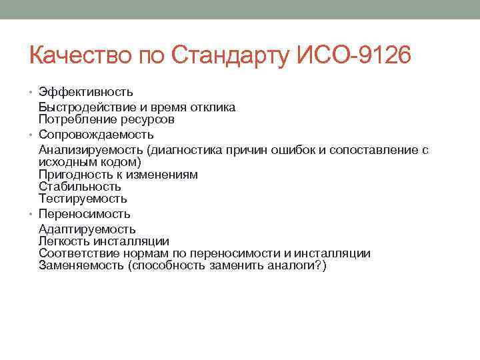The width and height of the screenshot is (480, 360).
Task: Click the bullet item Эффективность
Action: coord(85,91)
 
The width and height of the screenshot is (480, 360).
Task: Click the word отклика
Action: coord(212,108)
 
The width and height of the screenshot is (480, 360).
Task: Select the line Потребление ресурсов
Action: coord(106,120)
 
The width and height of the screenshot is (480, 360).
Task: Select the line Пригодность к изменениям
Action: coord(118,175)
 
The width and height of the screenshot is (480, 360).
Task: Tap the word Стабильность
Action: coord(79,187)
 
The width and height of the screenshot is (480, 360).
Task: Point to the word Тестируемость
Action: coord(83,199)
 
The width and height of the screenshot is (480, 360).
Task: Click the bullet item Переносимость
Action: coord(84,214)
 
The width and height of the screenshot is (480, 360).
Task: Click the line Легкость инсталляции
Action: coord(103,241)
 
